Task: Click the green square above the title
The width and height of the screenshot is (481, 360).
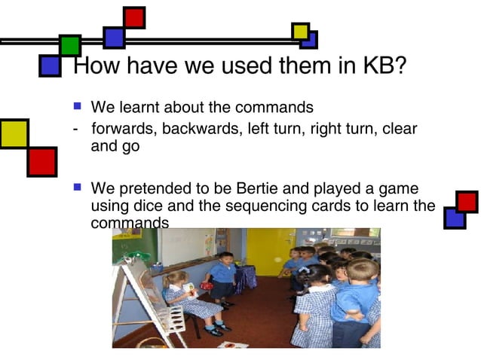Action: [70, 45]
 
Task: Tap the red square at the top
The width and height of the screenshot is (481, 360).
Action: [134, 17]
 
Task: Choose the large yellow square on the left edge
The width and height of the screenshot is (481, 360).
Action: [14, 133]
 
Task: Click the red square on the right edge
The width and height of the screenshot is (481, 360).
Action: [467, 202]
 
